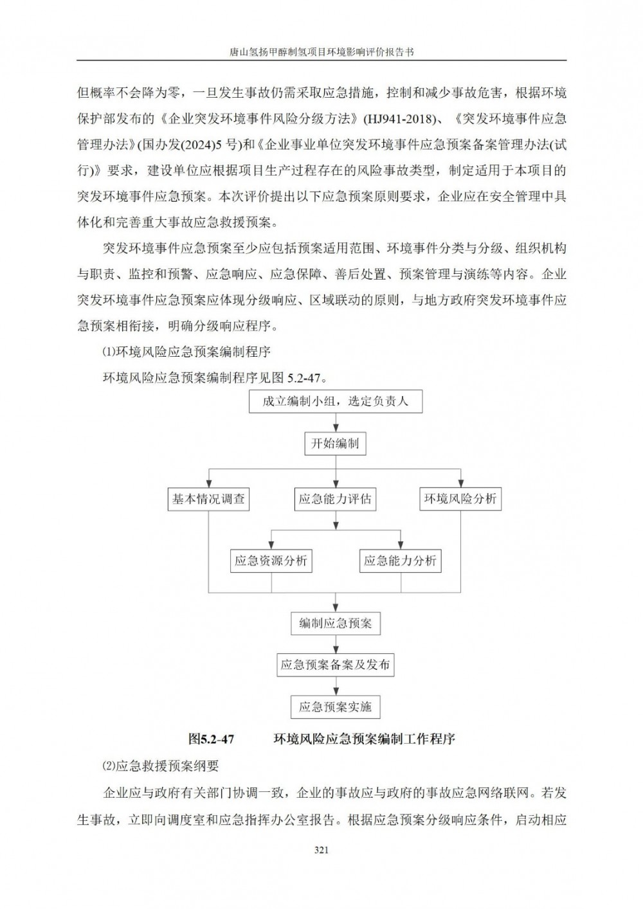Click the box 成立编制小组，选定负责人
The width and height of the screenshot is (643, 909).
tap(335, 402)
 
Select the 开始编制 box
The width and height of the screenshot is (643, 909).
tap(335, 444)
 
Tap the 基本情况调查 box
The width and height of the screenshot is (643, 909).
tap(208, 499)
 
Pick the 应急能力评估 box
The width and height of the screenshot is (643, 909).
tap(335, 499)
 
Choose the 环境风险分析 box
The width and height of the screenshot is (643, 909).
tap(460, 499)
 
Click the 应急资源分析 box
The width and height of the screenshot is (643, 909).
tap(271, 561)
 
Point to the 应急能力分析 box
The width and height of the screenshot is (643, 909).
tap(400, 561)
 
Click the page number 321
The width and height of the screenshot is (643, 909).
tap(321, 849)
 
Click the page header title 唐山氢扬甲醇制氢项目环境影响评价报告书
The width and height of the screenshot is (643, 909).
tap(321, 52)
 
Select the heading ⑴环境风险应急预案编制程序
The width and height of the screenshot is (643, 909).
tap(186, 352)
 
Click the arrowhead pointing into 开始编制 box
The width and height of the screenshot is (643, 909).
tap(335, 429)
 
